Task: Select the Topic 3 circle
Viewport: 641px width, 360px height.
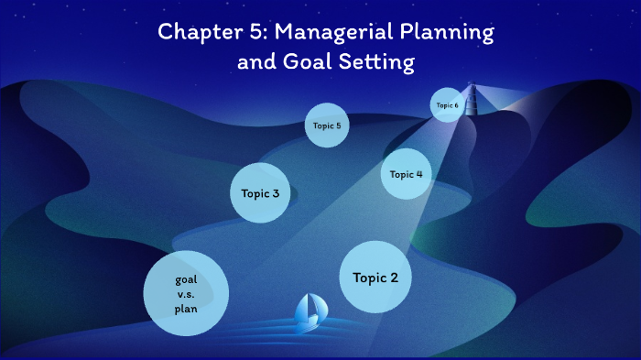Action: (x=266, y=193)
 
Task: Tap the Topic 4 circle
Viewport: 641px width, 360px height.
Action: (x=406, y=174)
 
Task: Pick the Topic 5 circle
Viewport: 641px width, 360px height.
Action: (x=327, y=125)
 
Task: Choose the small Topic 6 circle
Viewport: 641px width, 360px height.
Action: (x=447, y=105)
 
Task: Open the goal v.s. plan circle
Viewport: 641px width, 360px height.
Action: (x=186, y=293)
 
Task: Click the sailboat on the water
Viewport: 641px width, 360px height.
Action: (x=306, y=313)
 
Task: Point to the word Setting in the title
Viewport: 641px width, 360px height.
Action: (x=379, y=64)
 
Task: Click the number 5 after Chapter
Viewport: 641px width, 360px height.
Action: (x=245, y=33)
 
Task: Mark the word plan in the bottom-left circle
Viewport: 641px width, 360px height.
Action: (x=186, y=309)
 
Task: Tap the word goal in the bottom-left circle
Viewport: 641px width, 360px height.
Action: (x=186, y=278)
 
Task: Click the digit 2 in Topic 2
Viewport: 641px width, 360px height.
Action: (x=394, y=278)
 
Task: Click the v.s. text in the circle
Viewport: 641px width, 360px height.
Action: (x=186, y=294)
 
